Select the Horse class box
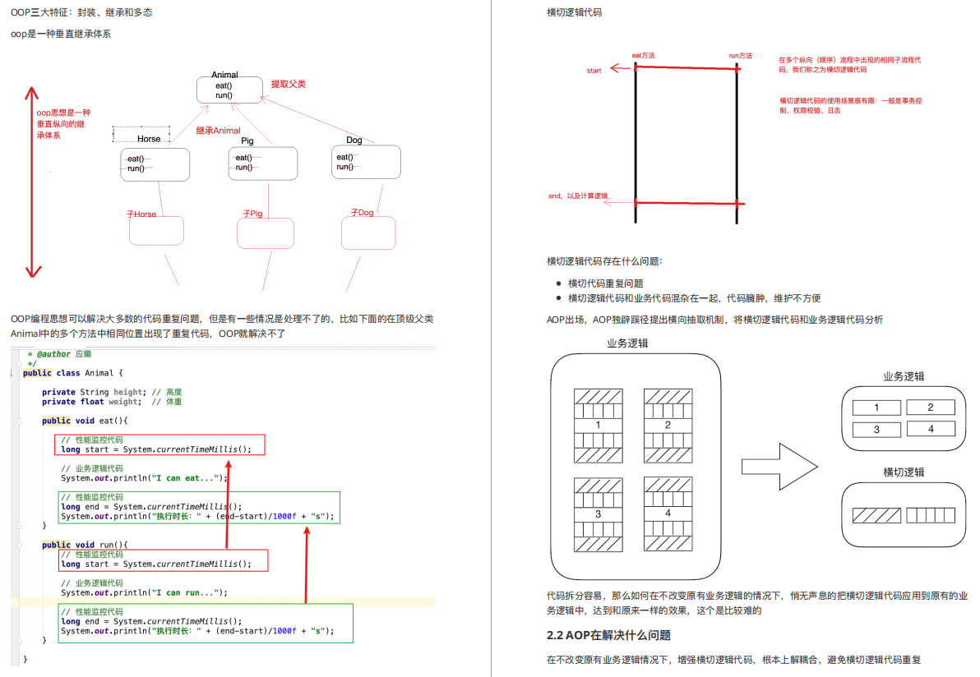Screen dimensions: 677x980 tap(155, 163)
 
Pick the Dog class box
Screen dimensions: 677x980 tap(367, 162)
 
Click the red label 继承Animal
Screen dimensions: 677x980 tap(218, 131)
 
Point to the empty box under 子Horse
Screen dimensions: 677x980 tap(156, 231)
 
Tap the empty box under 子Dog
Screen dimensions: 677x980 tap(368, 233)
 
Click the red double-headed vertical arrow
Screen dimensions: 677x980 tap(34, 182)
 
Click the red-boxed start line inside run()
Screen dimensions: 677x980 tap(164, 564)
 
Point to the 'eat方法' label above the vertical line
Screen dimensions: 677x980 tap(643, 56)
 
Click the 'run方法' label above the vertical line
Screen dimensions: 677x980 tap(740, 56)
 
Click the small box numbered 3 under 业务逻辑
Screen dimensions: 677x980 tap(876, 429)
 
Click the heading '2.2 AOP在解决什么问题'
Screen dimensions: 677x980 tap(608, 635)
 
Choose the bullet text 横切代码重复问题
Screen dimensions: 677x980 tap(605, 283)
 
